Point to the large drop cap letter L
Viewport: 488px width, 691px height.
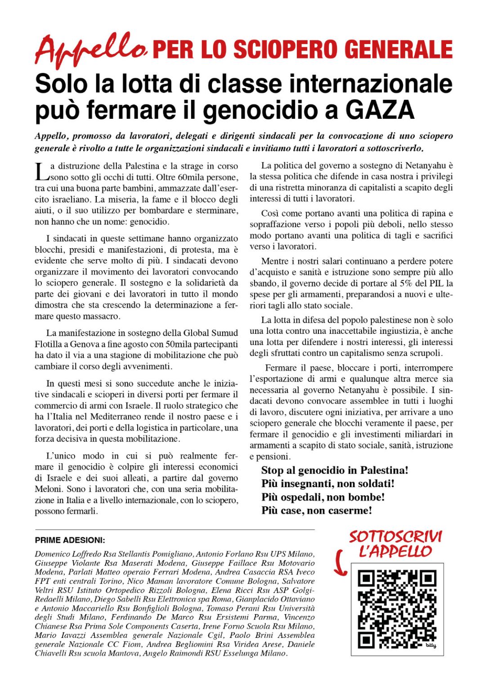41,171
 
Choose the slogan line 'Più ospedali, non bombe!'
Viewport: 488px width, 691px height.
323,497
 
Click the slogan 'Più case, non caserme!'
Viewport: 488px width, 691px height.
317,511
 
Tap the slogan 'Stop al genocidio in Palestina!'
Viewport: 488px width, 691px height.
335,470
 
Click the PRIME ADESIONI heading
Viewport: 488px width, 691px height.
70,540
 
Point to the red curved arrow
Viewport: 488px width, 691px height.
340,562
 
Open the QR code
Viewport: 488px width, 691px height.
397,609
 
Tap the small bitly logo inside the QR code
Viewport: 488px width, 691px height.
430,646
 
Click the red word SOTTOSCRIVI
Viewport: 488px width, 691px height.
395,537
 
